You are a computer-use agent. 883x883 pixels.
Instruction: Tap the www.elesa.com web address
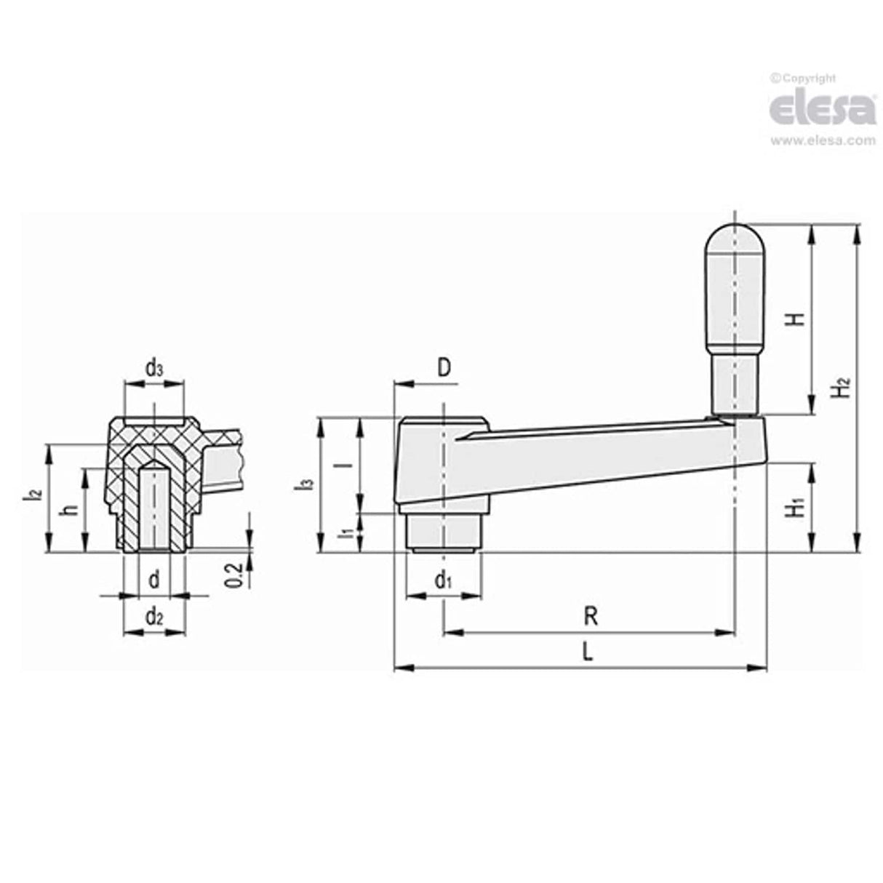click(x=823, y=141)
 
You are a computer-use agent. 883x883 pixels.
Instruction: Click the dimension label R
click(x=591, y=618)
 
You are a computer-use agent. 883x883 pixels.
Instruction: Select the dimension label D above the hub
click(x=444, y=367)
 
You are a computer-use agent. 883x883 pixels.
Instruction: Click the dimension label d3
click(x=154, y=369)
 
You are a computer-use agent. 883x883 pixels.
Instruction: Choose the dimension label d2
click(x=153, y=618)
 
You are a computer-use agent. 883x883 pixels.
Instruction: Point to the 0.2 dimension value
click(x=233, y=575)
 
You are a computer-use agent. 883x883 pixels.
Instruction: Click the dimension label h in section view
click(x=70, y=508)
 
